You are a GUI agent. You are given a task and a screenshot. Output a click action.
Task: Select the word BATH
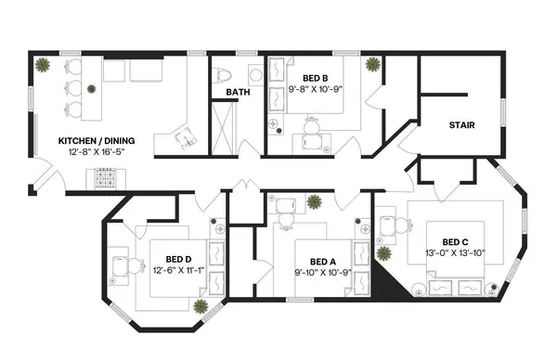point(239,92)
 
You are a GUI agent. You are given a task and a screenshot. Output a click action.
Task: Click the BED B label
point(316,78)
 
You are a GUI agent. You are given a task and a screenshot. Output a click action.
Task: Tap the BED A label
point(322,261)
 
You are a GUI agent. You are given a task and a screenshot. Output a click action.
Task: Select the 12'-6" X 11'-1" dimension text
point(178,270)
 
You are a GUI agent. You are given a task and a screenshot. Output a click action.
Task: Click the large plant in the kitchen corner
point(43,65)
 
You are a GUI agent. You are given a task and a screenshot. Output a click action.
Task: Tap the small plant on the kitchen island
point(91,89)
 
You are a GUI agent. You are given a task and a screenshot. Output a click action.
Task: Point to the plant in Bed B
point(371,65)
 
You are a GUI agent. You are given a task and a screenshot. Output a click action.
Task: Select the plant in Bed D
point(201,304)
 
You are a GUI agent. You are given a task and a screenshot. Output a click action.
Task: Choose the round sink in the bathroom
point(254,73)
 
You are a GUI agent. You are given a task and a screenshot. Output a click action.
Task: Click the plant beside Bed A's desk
point(315,199)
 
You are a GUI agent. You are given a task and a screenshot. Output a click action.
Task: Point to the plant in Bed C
point(383,252)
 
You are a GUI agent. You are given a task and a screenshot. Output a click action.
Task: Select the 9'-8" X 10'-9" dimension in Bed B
point(316,89)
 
